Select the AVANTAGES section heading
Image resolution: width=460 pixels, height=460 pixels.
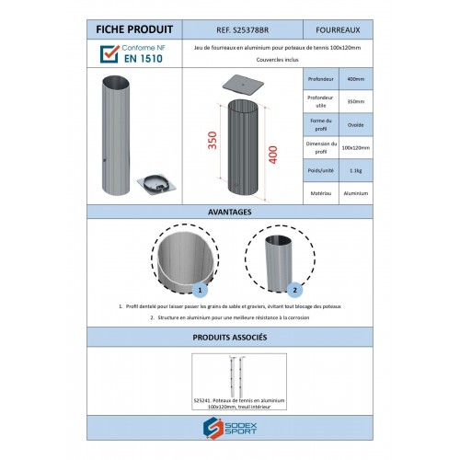[x=230, y=213]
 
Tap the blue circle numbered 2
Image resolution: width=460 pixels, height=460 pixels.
[x=293, y=287]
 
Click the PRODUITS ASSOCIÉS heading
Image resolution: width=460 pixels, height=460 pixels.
[x=230, y=338]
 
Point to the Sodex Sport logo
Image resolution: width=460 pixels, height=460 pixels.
[x=230, y=428]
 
